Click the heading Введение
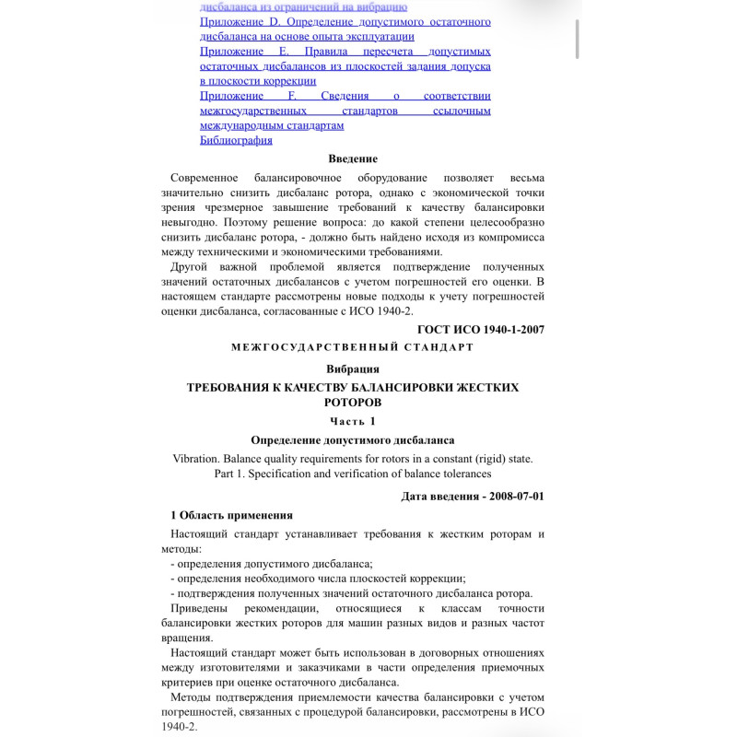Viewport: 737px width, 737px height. click(x=353, y=158)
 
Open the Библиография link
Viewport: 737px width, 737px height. click(x=236, y=140)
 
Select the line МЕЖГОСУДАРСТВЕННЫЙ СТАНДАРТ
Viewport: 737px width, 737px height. click(x=353, y=347)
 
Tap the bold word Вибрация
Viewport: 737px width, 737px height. click(x=353, y=368)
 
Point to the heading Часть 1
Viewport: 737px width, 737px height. click(x=353, y=421)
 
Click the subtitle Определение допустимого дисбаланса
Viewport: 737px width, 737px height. click(x=353, y=440)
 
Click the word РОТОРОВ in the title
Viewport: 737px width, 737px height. click(x=353, y=403)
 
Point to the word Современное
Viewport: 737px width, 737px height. click(x=211, y=177)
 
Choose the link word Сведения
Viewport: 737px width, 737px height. click(x=345, y=95)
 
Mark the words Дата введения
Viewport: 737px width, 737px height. click(x=439, y=496)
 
